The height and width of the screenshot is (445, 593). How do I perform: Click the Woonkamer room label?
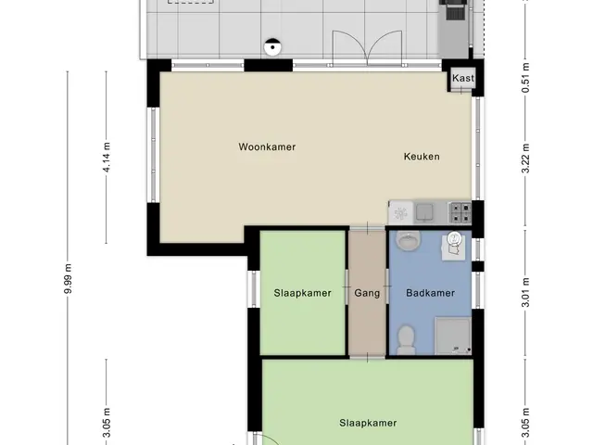tap(267, 146)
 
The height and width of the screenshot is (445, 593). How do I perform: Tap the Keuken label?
tap(422, 157)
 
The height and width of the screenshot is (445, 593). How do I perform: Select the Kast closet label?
tap(463, 78)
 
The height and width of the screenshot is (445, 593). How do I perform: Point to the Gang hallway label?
tap(367, 293)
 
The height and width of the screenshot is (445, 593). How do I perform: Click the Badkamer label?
tap(430, 293)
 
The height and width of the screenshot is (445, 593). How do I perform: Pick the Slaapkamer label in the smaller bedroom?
tap(303, 293)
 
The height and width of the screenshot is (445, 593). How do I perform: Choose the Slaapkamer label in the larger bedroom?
tap(368, 423)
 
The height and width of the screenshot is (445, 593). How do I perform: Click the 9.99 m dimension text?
tap(68, 279)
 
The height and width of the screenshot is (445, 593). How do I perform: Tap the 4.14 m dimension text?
tap(107, 158)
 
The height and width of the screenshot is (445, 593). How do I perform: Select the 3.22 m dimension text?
tap(525, 159)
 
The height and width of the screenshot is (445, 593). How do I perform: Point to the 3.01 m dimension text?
tap(525, 293)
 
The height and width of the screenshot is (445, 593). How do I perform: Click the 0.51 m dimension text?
tap(525, 78)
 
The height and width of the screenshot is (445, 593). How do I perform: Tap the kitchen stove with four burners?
tap(460, 212)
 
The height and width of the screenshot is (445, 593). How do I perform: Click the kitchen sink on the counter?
tap(424, 212)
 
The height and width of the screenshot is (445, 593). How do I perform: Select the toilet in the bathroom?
tap(406, 340)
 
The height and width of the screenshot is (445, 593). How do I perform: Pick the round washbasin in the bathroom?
tap(408, 241)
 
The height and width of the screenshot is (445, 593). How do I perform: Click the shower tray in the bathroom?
tap(453, 336)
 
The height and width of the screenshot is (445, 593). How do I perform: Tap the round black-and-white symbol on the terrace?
tap(272, 47)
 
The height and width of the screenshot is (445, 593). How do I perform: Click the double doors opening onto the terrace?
tap(367, 48)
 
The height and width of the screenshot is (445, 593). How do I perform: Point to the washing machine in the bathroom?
tap(454, 247)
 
